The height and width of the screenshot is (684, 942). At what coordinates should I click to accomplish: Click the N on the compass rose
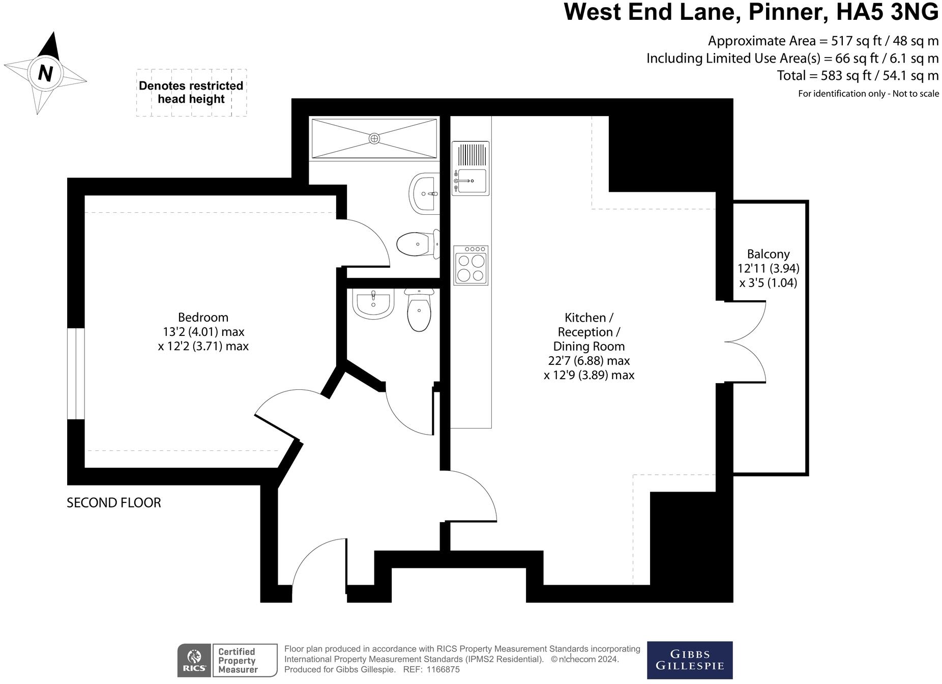click(x=46, y=73)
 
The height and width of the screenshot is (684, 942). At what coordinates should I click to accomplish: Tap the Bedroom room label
click(x=203, y=318)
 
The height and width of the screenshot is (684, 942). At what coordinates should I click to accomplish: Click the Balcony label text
click(x=768, y=254)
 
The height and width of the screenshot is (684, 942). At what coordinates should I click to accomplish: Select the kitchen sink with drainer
click(x=470, y=168)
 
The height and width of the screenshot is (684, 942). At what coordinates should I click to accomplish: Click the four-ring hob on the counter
click(x=470, y=265)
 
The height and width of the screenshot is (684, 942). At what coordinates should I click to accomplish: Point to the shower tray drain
click(x=374, y=138)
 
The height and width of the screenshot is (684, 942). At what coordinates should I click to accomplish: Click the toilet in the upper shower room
click(x=418, y=244)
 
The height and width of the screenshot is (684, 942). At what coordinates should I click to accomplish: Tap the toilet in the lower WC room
click(x=419, y=309)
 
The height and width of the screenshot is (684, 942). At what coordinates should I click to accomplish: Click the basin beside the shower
click(x=423, y=194)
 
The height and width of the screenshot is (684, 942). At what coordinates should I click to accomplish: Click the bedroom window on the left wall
click(x=76, y=374)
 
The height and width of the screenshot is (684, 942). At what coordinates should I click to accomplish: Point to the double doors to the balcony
click(x=745, y=341)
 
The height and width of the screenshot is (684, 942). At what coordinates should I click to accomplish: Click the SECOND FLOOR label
click(x=114, y=503)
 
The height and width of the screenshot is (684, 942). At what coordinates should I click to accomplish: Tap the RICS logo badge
click(x=194, y=660)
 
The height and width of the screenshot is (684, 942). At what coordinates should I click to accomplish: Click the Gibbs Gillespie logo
click(x=690, y=660)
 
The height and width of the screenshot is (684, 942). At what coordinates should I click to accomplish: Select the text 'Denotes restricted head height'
click(x=191, y=92)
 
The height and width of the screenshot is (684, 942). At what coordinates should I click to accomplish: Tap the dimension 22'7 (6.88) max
click(x=588, y=361)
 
